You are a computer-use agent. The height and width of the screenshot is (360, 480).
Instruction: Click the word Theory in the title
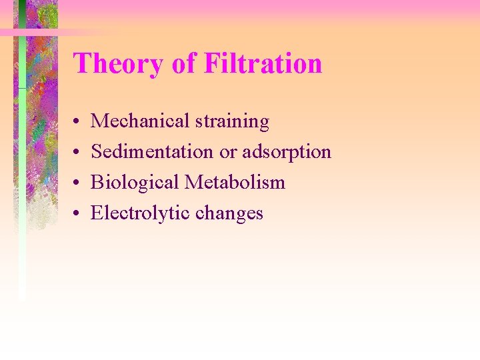(x=117, y=65)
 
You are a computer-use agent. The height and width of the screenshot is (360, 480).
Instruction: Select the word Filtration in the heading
(x=263, y=65)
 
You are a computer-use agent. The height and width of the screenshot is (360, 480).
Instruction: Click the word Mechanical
(x=141, y=121)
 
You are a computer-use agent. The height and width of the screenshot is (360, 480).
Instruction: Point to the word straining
(x=233, y=122)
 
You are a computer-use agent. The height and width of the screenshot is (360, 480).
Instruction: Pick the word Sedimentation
(x=153, y=152)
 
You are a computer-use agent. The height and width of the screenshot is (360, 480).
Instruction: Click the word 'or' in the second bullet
(x=228, y=153)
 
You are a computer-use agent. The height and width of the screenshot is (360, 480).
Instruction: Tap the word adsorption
(x=287, y=153)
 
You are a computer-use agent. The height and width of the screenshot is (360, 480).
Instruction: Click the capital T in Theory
(x=81, y=65)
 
